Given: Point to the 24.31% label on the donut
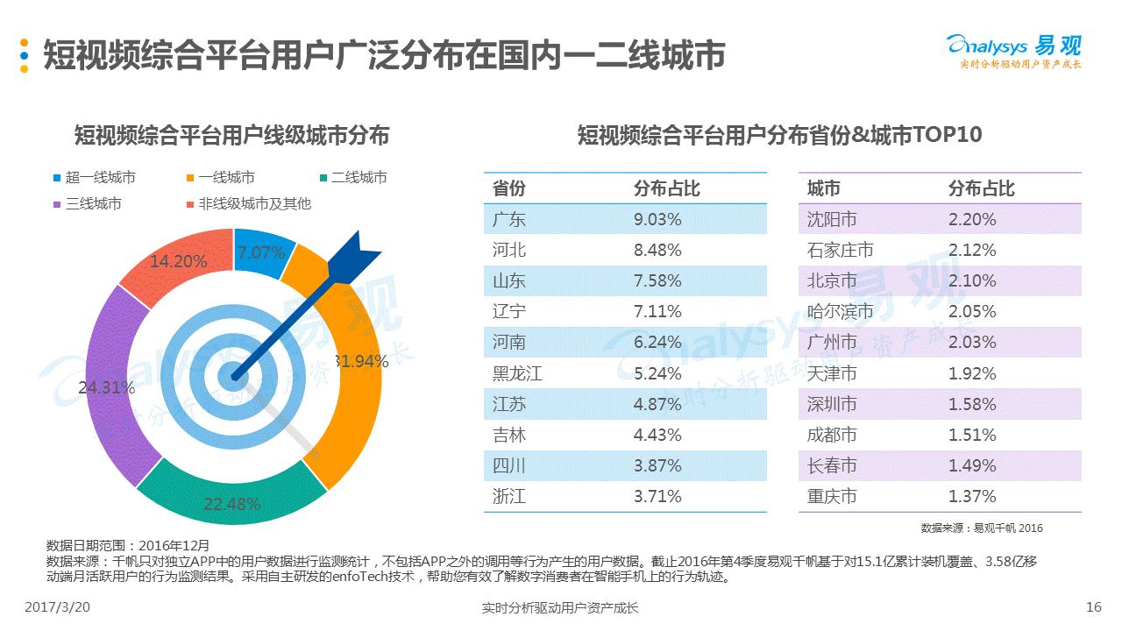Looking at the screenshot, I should click(x=106, y=387).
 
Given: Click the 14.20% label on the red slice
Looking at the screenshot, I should click(x=178, y=261).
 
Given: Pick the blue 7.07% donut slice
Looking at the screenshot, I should click(x=261, y=252).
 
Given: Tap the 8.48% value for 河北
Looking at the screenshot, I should click(x=657, y=251).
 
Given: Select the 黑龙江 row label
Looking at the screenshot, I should click(x=517, y=373).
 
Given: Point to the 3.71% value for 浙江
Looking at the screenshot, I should click(x=657, y=497).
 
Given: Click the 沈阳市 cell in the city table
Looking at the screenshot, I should click(x=832, y=219).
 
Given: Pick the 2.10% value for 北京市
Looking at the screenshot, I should click(x=972, y=281).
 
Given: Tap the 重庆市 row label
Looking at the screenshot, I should click(x=832, y=497).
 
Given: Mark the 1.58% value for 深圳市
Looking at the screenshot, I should click(x=972, y=404).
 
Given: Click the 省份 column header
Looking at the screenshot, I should click(x=509, y=188).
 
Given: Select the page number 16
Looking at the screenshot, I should click(x=1093, y=607).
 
